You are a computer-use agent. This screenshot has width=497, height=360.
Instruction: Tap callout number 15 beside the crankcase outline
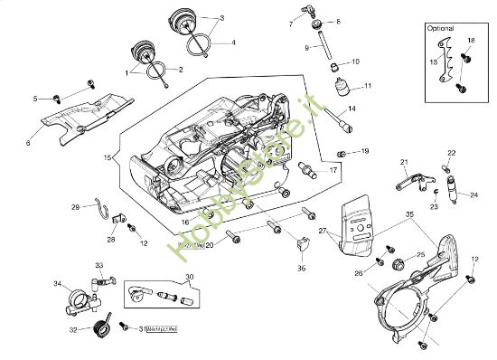[108, 157]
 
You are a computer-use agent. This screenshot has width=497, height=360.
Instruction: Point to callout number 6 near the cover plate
[28, 143]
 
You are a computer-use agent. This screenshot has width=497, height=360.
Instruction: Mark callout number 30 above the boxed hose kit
[189, 277]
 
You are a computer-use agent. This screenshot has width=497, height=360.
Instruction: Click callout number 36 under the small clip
[302, 267]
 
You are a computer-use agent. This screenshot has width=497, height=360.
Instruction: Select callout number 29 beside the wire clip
[75, 207]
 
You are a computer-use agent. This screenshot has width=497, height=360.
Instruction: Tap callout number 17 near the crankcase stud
[333, 169]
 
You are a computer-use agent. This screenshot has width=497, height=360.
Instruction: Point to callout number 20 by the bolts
[210, 244]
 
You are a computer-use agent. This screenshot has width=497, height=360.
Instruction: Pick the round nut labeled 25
[396, 264]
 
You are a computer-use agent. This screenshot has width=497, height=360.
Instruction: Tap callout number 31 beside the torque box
[142, 329]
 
